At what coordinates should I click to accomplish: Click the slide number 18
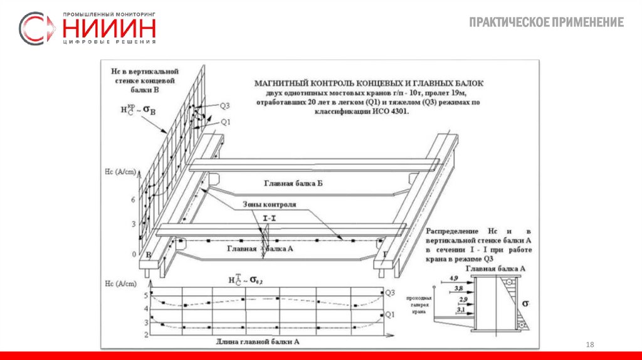[x=589, y=346]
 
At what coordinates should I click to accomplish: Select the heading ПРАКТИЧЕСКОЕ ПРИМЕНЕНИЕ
[x=546, y=23]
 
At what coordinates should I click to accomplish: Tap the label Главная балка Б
[x=293, y=183]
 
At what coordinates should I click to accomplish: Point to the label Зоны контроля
[x=270, y=205]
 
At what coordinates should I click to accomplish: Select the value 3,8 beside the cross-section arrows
[x=458, y=288]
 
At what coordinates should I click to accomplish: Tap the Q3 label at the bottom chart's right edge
[x=389, y=293]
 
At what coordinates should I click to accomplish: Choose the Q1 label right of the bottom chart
[x=389, y=314]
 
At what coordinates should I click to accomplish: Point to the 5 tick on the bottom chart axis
[x=146, y=295]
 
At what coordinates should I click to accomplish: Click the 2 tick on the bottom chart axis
[x=146, y=335]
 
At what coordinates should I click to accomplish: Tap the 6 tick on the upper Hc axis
[x=134, y=199]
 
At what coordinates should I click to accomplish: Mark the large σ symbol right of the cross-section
[x=526, y=304]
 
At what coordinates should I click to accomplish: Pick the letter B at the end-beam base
[x=149, y=255]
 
